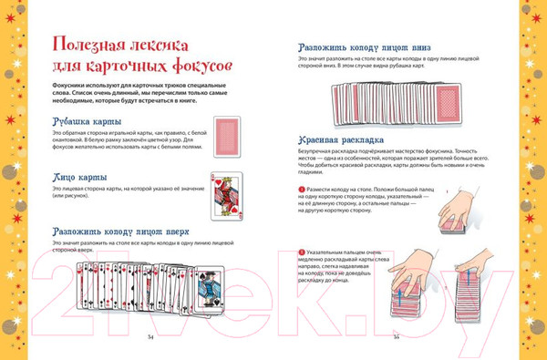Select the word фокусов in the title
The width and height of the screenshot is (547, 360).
click(x=197, y=67)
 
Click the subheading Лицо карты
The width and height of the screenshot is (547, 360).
click(x=77, y=176)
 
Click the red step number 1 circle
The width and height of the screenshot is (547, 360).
click(x=301, y=189)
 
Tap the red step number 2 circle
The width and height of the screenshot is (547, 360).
click(x=301, y=251)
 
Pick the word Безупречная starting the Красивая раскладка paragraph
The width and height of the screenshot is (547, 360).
click(x=322, y=149)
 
